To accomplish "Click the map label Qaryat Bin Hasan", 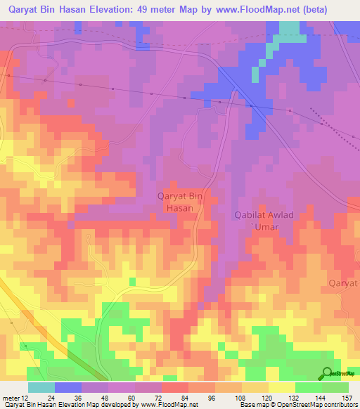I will [180, 202].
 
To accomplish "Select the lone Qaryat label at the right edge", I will [343, 283].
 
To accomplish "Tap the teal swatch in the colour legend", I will [41, 387].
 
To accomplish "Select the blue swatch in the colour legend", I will [68, 387].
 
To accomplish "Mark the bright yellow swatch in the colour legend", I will [282, 387].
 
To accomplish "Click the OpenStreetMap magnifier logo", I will [328, 373].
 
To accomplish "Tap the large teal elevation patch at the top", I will [288, 30].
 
